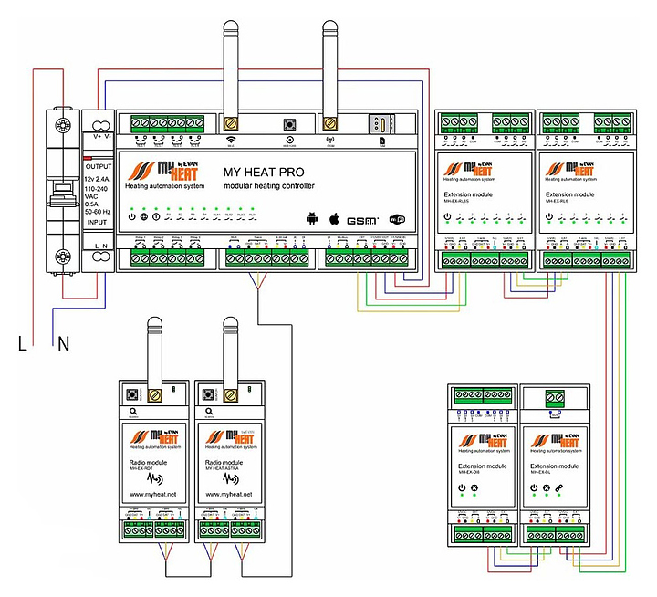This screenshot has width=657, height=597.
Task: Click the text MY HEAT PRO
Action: pyautogui.click(x=264, y=171)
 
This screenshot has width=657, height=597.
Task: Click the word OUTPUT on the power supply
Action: pyautogui.click(x=97, y=167)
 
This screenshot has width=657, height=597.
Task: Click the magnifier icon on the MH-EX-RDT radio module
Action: pyautogui.click(x=134, y=412)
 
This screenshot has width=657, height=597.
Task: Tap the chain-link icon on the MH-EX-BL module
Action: pyautogui.click(x=559, y=489)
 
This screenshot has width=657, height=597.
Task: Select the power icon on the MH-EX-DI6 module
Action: pyautogui.click(x=462, y=489)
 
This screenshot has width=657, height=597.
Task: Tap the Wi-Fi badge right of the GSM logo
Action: pyautogui.click(x=397, y=219)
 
